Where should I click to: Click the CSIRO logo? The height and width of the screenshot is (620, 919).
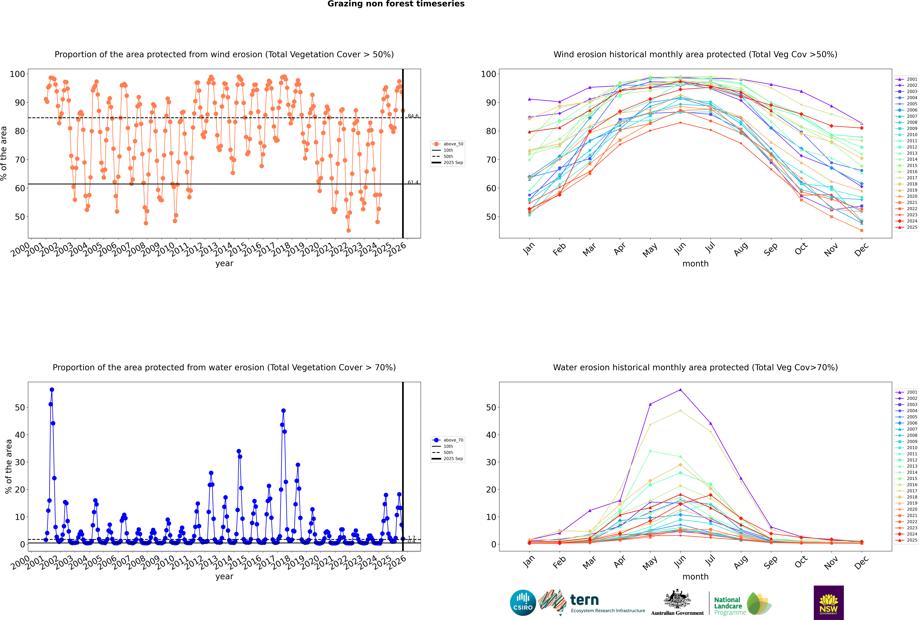[x=523, y=603]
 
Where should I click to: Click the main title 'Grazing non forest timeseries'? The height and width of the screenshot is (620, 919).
[x=396, y=4]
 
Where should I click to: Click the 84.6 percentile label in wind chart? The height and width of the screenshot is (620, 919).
[x=413, y=116]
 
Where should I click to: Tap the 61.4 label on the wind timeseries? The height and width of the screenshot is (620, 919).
[x=413, y=182]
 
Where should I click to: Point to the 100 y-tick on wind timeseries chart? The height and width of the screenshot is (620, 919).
[x=17, y=74]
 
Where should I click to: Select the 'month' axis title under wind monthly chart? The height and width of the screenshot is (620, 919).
[x=695, y=264]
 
